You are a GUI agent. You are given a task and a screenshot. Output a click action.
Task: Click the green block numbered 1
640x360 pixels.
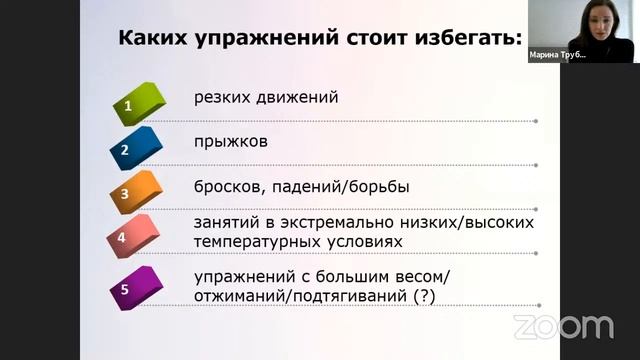pyautogui.click(x=133, y=103)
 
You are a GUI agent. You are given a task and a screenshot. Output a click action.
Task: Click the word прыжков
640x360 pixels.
pyautogui.click(x=231, y=142)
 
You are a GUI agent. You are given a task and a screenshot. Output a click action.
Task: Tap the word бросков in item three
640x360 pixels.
pyautogui.click(x=229, y=186)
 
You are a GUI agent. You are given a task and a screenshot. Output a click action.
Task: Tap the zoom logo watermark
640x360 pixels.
pyautogui.click(x=563, y=326)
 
